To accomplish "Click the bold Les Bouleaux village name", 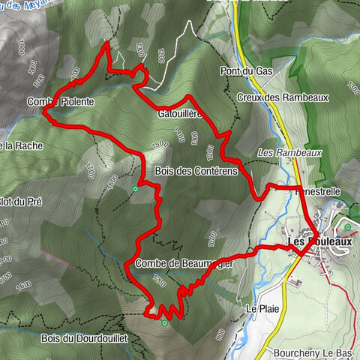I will [x=318, y=241].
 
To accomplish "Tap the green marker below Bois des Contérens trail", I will [x=135, y=188].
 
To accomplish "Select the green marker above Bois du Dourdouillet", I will [x=165, y=323].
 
